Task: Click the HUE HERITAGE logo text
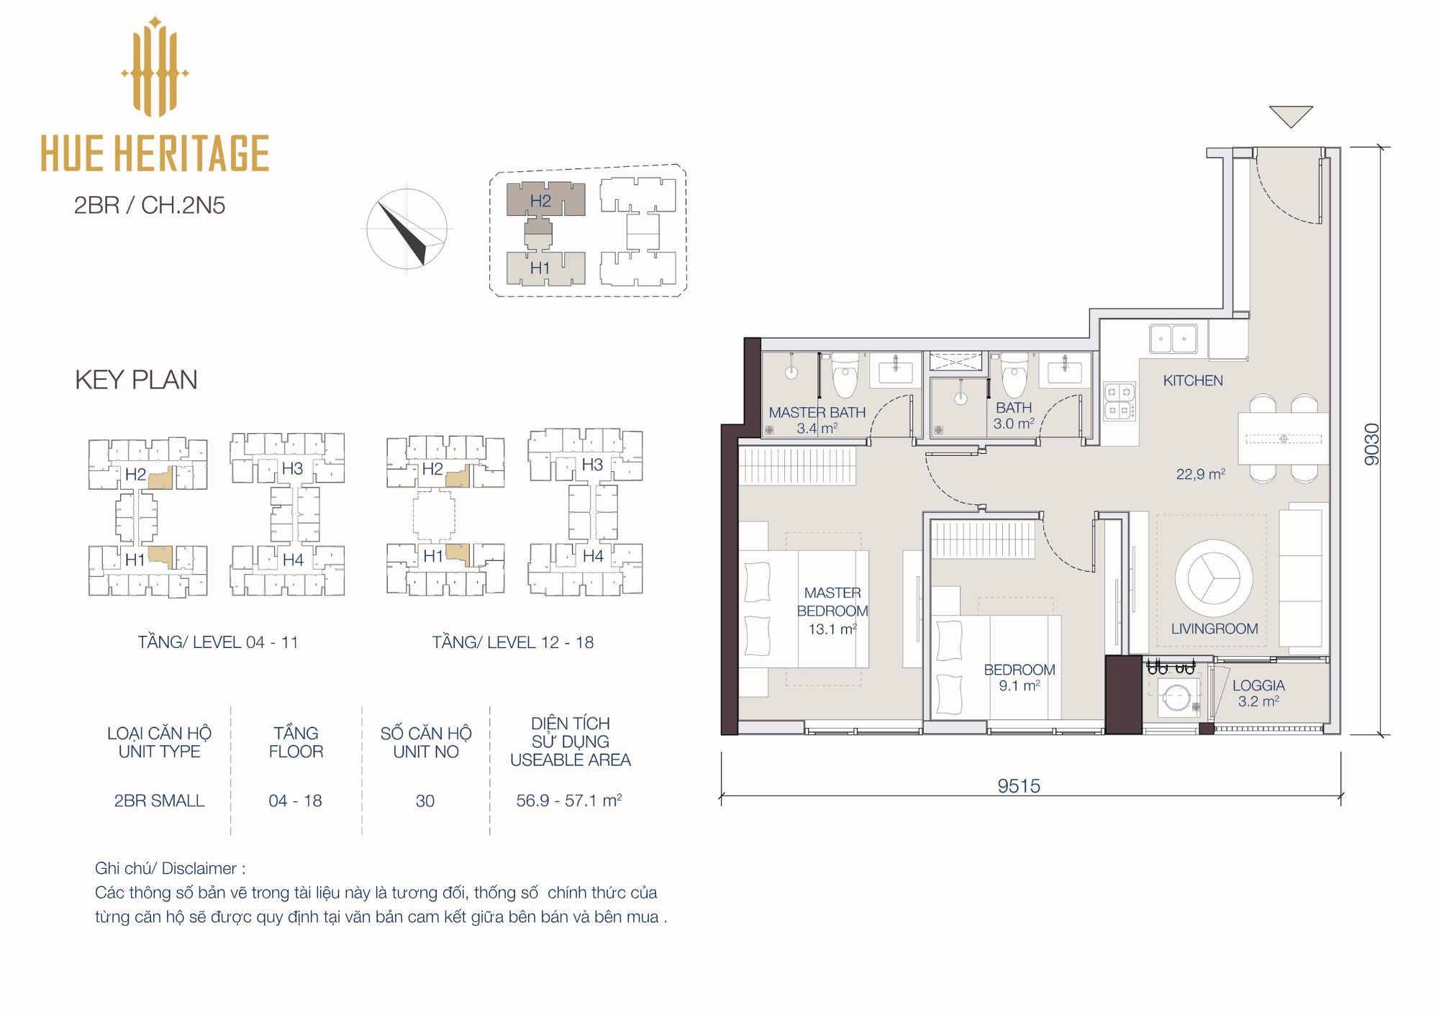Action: point(155,152)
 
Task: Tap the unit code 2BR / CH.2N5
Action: point(150,205)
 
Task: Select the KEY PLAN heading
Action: point(136,380)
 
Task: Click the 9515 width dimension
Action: point(1019,785)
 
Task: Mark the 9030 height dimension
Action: point(1372,444)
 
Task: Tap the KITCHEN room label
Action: point(1193,380)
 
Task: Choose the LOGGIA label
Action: point(1258,685)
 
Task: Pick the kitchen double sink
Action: point(1173,338)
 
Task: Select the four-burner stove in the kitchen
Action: point(1119,401)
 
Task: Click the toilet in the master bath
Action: point(845,375)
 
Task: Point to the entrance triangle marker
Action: point(1291,116)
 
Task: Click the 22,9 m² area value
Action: point(1201,474)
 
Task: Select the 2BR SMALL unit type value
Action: point(159,801)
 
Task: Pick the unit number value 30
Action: point(425,801)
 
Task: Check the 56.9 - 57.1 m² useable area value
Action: point(569,800)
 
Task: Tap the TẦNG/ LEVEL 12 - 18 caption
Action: point(513,642)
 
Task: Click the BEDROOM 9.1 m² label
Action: point(1020,678)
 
